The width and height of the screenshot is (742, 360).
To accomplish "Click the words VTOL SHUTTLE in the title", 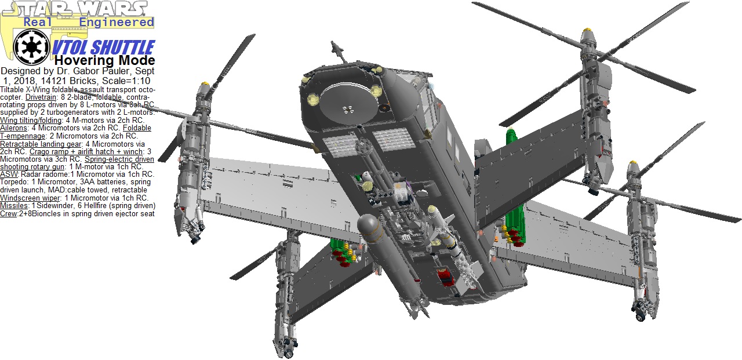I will [103, 48].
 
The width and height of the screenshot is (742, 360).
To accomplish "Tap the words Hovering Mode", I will [105, 61].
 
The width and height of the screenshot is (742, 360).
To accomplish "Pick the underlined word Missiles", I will [14, 205].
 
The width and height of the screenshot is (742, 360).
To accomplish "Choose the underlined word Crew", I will [9, 213].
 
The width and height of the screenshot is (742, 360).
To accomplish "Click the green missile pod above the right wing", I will [511, 139].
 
